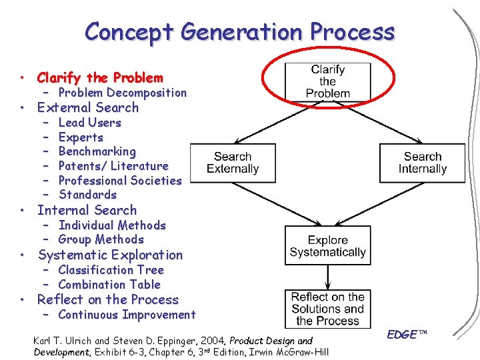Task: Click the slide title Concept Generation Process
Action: (240, 32)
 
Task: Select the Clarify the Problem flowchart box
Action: (327, 81)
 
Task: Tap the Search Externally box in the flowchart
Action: (233, 163)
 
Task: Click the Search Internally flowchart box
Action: (422, 163)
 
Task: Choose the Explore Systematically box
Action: (327, 246)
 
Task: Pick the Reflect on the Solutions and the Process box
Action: (327, 309)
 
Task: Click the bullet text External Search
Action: (88, 107)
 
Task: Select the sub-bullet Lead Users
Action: (90, 123)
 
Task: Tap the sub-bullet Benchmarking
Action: (97, 151)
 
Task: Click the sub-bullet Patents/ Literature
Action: (113, 166)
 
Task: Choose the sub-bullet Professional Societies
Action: (120, 180)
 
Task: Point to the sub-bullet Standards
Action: (87, 195)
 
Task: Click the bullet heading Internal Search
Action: (87, 210)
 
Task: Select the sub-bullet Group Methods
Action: (101, 239)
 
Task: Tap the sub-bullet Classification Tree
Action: (111, 270)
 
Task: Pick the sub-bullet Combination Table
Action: (109, 284)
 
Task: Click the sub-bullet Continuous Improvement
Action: (127, 315)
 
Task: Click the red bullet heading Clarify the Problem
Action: (100, 77)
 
